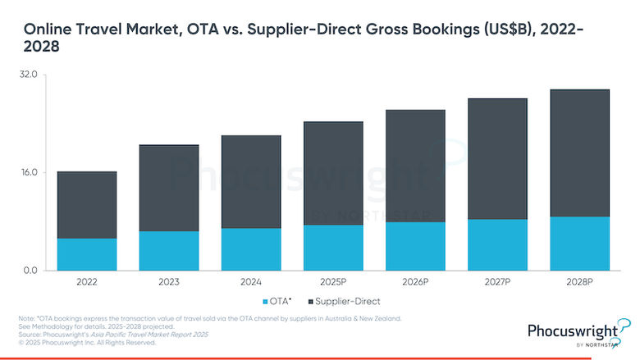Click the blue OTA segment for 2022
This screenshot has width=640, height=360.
tap(87, 254)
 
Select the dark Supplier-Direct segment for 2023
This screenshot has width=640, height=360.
tap(169, 188)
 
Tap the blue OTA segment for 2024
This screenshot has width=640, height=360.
tap(251, 249)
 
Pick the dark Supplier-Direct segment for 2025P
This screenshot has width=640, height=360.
tap(333, 173)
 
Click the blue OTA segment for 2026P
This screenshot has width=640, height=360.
tap(415, 246)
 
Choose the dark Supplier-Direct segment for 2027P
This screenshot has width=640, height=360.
tap(497, 159)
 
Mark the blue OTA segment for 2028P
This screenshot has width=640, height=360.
tap(579, 244)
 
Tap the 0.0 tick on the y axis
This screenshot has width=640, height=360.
tap(30, 271)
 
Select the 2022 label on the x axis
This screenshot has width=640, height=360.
tap(87, 281)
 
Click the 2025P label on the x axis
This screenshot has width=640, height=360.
tap(333, 281)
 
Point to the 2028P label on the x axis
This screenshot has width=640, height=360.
tap(579, 281)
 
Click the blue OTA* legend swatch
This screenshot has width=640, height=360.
tap(264, 301)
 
